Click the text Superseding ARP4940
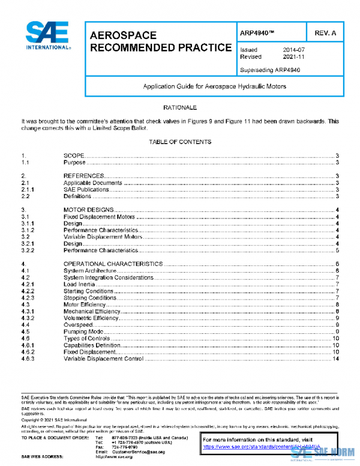pyautogui.click(x=269, y=70)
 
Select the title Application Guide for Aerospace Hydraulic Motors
pyautogui.click(x=214, y=86)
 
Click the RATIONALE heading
pyautogui.click(x=180, y=107)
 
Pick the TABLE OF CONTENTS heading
pyautogui.click(x=180, y=142)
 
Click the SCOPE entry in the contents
pyautogui.click(x=74, y=156)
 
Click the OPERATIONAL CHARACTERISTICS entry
pyautogui.click(x=113, y=264)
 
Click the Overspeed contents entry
pyautogui.click(x=77, y=325)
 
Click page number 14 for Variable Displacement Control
pyautogui.click(x=337, y=359)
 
